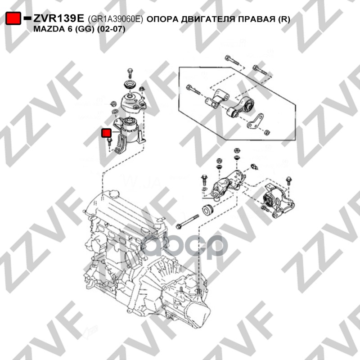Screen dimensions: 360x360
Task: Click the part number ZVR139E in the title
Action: pyautogui.click(x=59, y=18)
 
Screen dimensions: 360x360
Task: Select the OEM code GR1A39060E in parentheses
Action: pyautogui.click(x=115, y=19)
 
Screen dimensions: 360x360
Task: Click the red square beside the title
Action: pyautogui.click(x=13, y=18)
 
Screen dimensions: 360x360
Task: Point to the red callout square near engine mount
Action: pyautogui.click(x=107, y=133)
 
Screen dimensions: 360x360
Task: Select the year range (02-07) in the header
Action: pyautogui.click(x=111, y=29)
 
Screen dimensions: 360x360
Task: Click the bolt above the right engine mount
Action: pyautogui.click(x=130, y=72)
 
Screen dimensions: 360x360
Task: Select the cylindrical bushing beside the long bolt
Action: pyautogui.click(x=208, y=210)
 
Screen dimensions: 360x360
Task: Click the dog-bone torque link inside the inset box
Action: pyautogui.click(x=240, y=107)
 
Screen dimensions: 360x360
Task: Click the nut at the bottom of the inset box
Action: pyautogui.click(x=267, y=132)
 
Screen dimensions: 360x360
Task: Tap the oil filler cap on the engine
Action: pyautogui.click(x=115, y=195)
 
